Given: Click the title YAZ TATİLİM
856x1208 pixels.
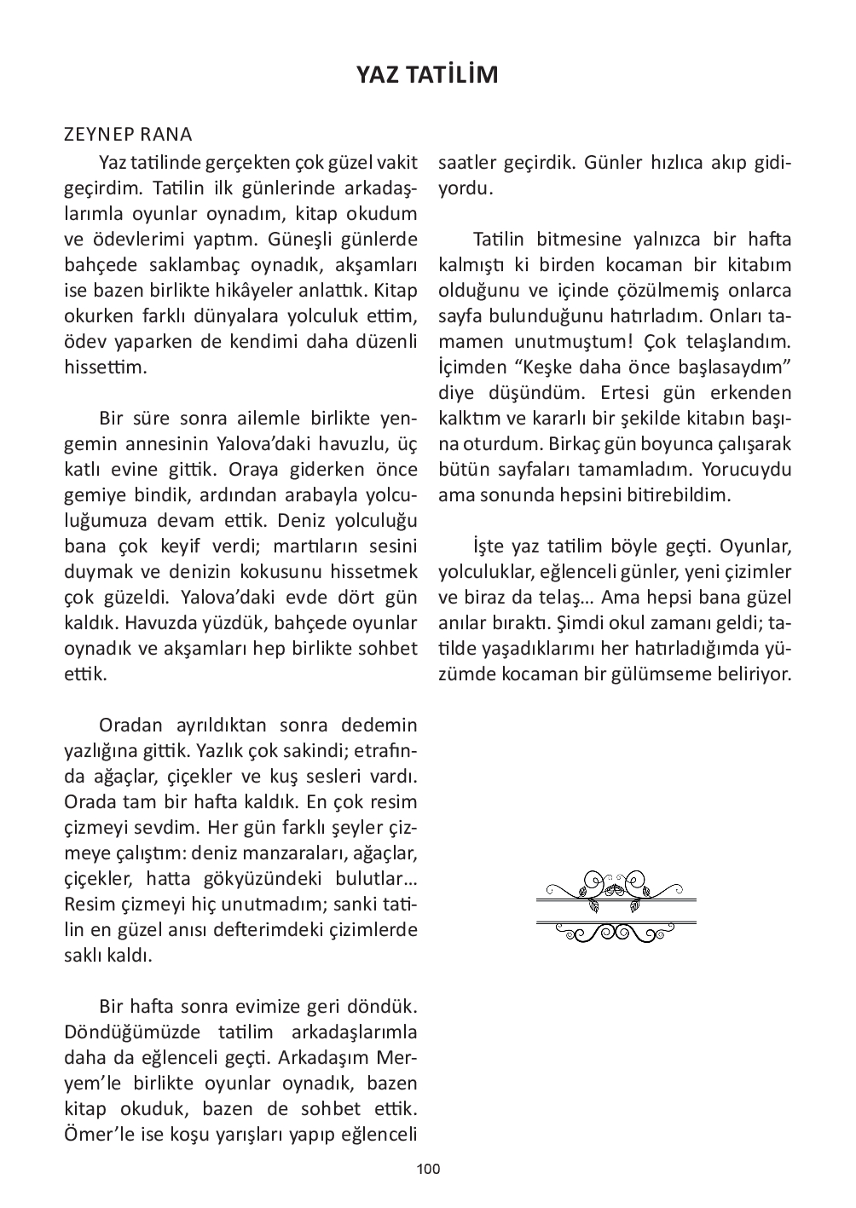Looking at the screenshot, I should point(427,75).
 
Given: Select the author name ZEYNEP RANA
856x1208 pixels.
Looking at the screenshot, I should point(128,135).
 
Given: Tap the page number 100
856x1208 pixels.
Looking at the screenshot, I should point(428,1169).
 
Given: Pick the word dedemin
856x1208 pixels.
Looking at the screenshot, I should point(379,725).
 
